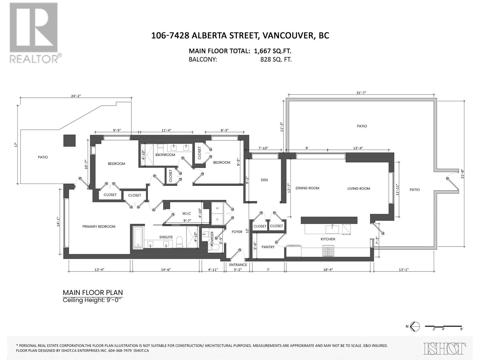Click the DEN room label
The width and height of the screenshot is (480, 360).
point(264,180)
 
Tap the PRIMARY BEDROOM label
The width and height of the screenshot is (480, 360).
point(99,226)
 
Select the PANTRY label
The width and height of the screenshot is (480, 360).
point(268,247)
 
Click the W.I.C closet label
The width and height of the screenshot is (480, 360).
point(186,213)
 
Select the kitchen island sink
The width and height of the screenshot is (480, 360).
point(332,229)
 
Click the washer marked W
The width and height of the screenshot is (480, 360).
point(217,208)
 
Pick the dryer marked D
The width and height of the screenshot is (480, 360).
point(217,219)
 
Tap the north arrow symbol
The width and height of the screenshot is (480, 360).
point(414,326)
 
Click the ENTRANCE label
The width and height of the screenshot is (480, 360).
point(238,265)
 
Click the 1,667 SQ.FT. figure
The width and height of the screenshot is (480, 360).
point(272,51)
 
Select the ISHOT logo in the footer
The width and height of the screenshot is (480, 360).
point(445,348)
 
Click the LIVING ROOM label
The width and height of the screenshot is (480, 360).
point(358,188)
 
